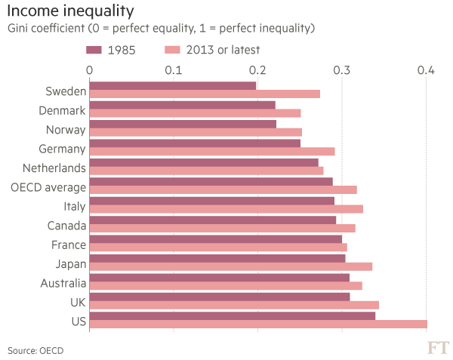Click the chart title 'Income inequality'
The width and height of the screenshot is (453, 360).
point(71,11)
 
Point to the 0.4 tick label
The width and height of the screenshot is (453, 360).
point(427,70)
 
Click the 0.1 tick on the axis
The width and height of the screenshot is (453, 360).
point(174,70)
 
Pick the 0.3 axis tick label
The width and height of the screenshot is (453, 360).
point(342,70)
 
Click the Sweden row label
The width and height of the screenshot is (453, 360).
point(65,92)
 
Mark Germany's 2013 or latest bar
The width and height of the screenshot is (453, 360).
point(212,152)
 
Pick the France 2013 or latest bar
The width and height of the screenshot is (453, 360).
point(218,248)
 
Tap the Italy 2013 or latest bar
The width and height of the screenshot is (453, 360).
point(226,209)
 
